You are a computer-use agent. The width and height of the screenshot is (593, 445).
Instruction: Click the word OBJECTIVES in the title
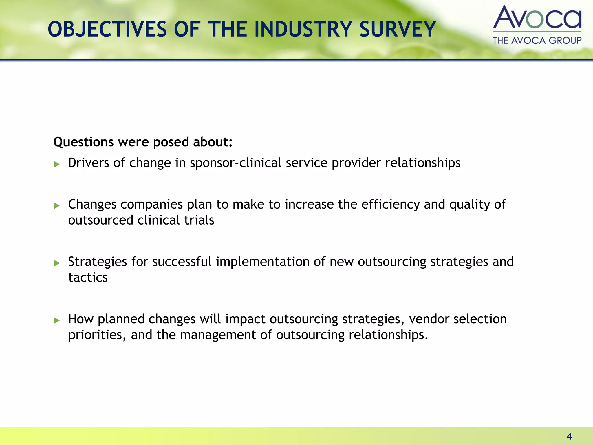click(x=107, y=30)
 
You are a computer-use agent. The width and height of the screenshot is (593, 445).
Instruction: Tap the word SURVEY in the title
click(x=398, y=30)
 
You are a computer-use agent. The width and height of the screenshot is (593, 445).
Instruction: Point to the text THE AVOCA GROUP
click(x=537, y=40)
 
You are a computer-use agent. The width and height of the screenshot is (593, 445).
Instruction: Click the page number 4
click(x=569, y=436)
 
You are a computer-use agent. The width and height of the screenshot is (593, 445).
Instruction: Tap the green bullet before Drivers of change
click(x=57, y=164)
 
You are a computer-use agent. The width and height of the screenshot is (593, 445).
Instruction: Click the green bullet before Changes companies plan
click(x=57, y=206)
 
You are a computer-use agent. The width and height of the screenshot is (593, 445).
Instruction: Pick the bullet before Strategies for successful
click(x=57, y=263)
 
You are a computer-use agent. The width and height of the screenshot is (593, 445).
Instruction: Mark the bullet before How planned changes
click(x=57, y=320)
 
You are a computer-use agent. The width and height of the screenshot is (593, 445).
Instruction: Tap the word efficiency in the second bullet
click(x=390, y=205)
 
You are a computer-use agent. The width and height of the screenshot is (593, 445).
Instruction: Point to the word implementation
click(x=263, y=262)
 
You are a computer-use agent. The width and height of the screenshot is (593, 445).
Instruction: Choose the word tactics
click(x=88, y=278)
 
